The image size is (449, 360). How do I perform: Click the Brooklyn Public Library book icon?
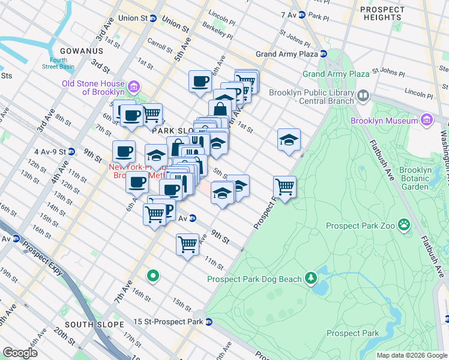tap(363, 96)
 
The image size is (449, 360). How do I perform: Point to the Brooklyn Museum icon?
tap(426, 121)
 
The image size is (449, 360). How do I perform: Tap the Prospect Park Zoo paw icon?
tap(405, 226)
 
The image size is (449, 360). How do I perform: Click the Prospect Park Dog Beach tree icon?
tap(311, 278)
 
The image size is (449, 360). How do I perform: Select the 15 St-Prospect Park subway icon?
tap(209, 322)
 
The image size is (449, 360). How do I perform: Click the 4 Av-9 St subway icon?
tap(71, 152)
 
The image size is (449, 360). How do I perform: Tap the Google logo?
tap(20, 352)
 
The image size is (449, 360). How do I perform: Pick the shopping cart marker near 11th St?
tap(187, 244)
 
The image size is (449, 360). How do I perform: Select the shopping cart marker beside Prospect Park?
tap(285, 186)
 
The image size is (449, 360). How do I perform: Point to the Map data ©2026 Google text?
tap(411, 355)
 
